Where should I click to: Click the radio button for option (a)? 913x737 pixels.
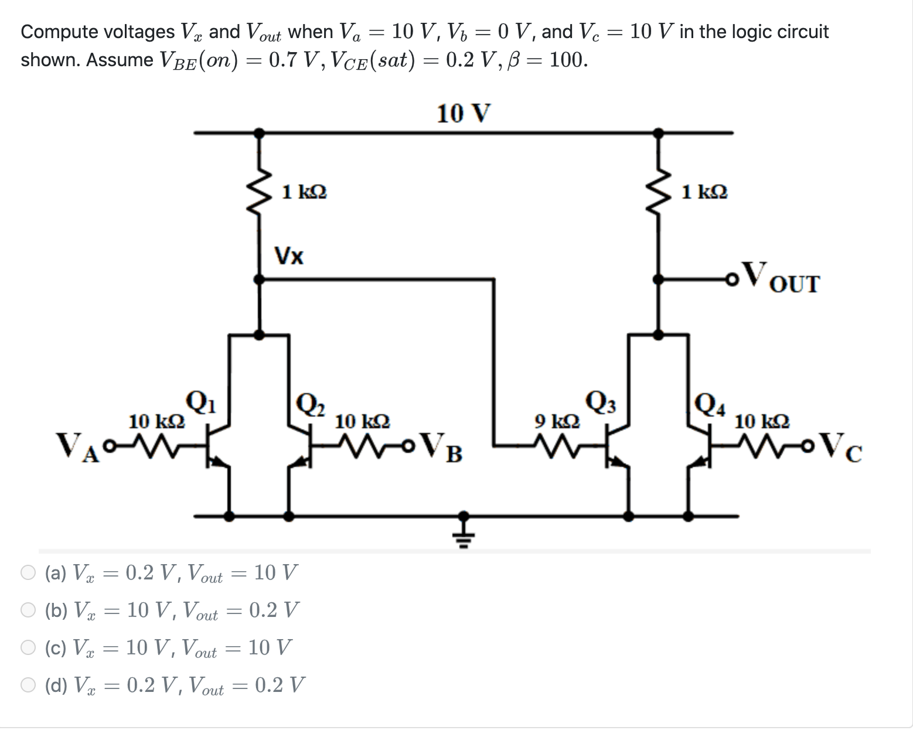click(x=29, y=572)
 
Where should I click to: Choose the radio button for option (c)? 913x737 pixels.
click(x=29, y=647)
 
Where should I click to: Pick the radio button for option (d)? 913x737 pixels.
click(x=29, y=685)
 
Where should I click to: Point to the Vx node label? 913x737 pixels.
click(x=289, y=256)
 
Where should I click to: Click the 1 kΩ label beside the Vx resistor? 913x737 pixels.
click(x=304, y=192)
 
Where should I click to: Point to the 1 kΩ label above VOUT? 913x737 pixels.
click(x=705, y=192)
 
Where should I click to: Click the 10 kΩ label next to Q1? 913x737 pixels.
click(x=156, y=421)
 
